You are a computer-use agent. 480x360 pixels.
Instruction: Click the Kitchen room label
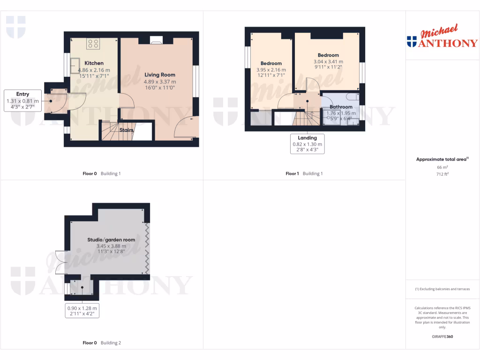click(x=94, y=63)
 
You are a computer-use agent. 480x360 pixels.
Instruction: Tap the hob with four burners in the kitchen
click(x=93, y=44)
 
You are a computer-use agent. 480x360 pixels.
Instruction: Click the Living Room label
click(x=159, y=75)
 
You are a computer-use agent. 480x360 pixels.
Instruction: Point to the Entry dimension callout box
click(x=22, y=101)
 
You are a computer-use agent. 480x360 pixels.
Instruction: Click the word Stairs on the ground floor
click(x=127, y=130)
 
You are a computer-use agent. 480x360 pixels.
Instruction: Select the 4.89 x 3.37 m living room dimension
click(x=159, y=82)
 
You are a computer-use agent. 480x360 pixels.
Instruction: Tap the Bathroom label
click(x=341, y=107)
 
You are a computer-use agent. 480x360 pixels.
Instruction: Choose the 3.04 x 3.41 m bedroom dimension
click(x=328, y=61)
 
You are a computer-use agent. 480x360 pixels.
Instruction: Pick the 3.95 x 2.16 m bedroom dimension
click(x=271, y=70)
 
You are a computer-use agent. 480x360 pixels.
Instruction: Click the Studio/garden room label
click(x=111, y=240)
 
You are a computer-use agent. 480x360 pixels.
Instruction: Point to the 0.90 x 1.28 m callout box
click(x=83, y=311)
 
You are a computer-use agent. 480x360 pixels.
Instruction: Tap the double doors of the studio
click(x=60, y=262)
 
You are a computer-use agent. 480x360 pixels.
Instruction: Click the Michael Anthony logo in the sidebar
click(x=442, y=37)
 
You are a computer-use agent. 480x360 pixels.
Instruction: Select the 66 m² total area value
click(x=442, y=167)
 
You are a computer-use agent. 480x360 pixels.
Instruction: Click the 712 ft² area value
click(x=442, y=174)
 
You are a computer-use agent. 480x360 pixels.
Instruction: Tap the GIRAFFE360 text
click(x=442, y=337)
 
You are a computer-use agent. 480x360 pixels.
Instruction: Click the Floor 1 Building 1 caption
click(x=304, y=173)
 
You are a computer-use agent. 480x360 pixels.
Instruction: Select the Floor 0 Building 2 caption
click(x=102, y=343)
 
